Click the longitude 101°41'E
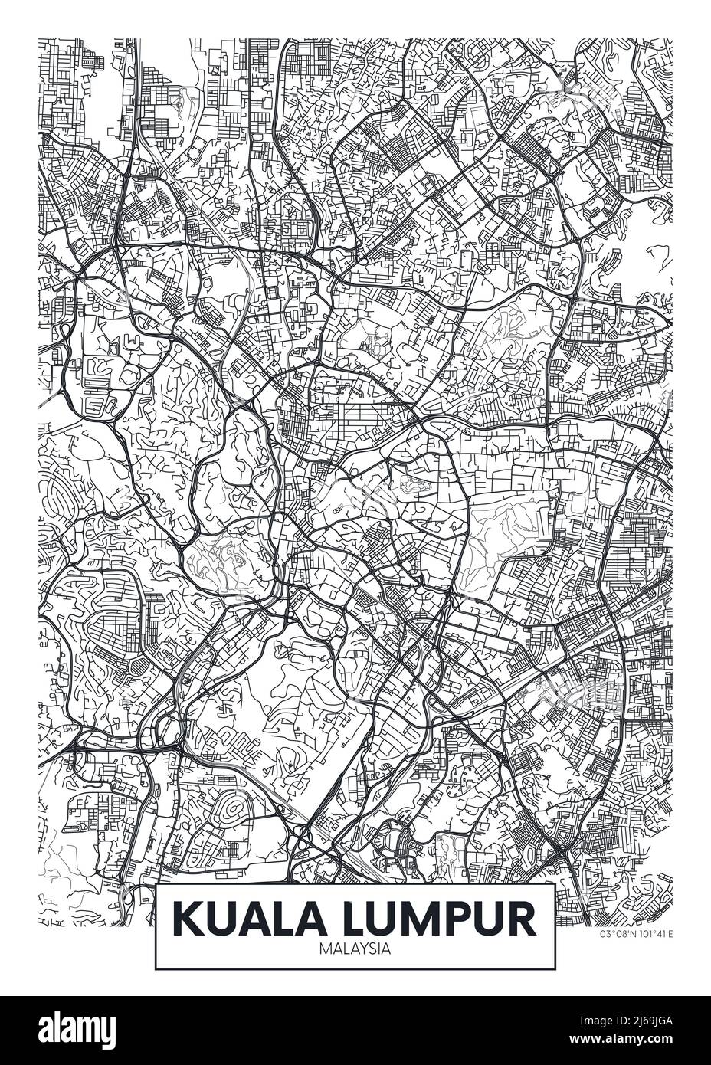[x=653, y=933]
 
